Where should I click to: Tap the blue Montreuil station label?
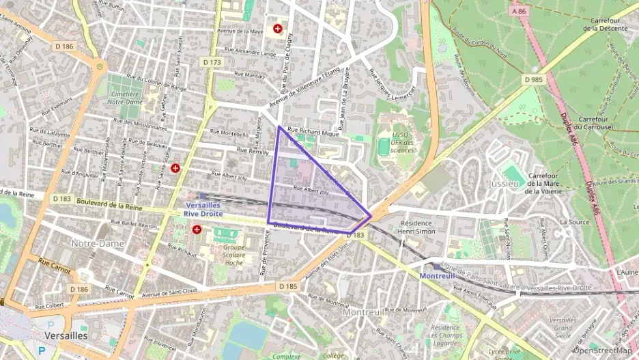pyautogui.click(x=436, y=276)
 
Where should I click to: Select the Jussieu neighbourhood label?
pyautogui.click(x=504, y=184)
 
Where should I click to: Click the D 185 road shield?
pyautogui.click(x=288, y=286)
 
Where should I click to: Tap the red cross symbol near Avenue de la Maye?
pyautogui.click(x=278, y=29)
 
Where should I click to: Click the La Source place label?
pyautogui.click(x=573, y=222)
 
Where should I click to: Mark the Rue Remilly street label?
pyautogui.click(x=253, y=151)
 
